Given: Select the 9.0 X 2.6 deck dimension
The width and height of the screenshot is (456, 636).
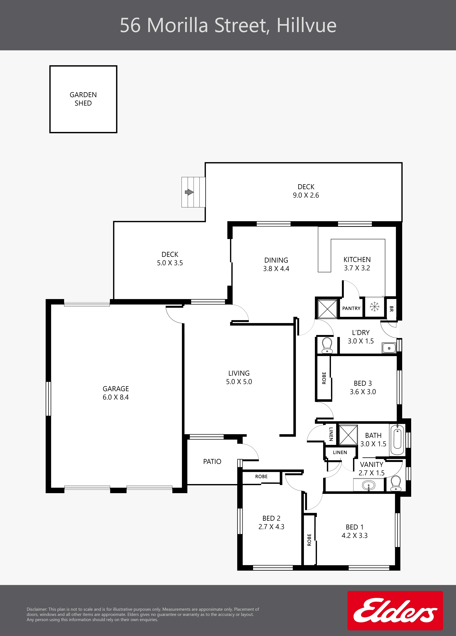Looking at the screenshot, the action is pos(306,195).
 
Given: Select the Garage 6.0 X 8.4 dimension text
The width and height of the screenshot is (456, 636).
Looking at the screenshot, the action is pos(116,397).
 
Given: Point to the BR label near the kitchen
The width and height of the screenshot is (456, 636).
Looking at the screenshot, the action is pos(392,309).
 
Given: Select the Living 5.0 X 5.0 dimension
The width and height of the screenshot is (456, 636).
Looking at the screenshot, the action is pos(239,382).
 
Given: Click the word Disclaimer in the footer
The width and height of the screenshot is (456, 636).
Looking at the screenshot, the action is pos(37,609).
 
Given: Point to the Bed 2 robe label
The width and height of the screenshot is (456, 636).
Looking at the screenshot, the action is pos(261,476).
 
